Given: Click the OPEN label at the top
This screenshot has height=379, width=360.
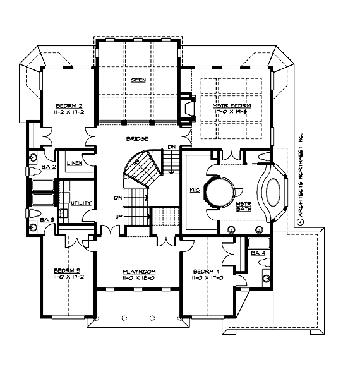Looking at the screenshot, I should (x=138, y=80).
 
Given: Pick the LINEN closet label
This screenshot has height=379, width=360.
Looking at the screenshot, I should (x=73, y=162).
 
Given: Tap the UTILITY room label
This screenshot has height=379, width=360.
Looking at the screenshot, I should (x=81, y=203).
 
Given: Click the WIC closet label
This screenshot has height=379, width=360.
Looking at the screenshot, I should (x=195, y=189).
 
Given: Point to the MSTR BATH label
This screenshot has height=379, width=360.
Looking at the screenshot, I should (x=244, y=208).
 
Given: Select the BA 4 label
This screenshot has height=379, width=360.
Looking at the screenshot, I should (x=258, y=253).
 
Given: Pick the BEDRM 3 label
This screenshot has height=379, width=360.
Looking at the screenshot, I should (x=66, y=271).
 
